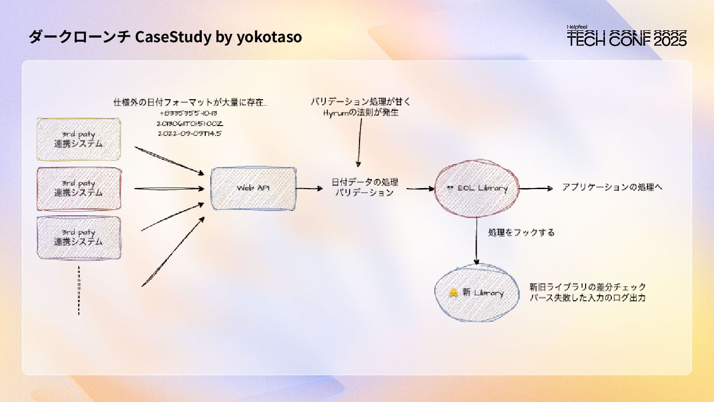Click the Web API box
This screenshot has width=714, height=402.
(253, 189)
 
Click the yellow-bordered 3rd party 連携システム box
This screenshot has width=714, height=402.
(79, 139)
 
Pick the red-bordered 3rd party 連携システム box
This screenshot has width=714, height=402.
(79, 189)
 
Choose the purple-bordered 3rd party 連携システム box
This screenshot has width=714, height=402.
(79, 237)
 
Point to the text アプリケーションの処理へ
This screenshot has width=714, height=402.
(612, 188)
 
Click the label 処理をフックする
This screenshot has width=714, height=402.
(521, 232)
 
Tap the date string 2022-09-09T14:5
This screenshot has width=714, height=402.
(189, 134)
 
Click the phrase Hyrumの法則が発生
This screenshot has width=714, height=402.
(360, 113)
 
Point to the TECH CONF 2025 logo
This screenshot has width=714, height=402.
(627, 36)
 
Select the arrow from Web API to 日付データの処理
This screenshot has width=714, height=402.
(309, 189)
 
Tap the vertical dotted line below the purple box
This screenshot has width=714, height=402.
(79, 290)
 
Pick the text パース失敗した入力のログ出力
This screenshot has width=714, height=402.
(588, 298)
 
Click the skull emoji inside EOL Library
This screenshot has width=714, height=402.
(450, 189)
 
